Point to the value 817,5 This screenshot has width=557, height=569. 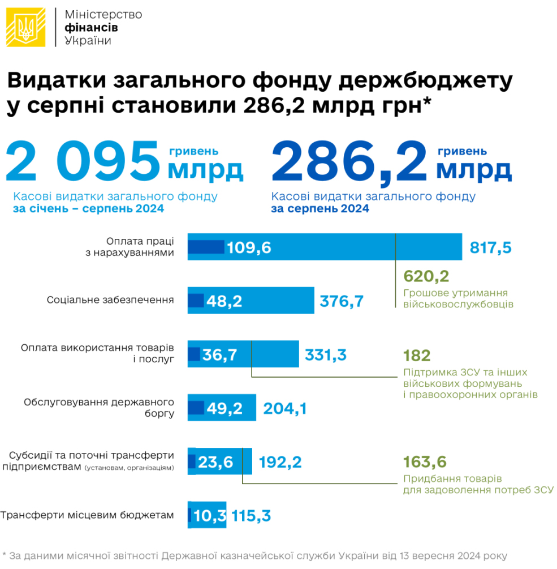pyautogui.click(x=491, y=247)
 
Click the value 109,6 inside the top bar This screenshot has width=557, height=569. pyautogui.click(x=249, y=247)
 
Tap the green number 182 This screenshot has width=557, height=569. pyautogui.click(x=417, y=356)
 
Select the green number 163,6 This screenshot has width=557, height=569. pyautogui.click(x=426, y=462)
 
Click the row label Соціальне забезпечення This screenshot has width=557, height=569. pyautogui.click(x=110, y=300)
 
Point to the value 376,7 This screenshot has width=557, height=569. pyautogui.click(x=341, y=301)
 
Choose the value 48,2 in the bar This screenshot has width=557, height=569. pyautogui.click(x=224, y=301)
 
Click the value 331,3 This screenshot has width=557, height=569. pyautogui.click(x=326, y=355)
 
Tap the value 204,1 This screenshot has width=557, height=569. pyautogui.click(x=284, y=408)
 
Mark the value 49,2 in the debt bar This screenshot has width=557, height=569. pyautogui.click(x=224, y=408)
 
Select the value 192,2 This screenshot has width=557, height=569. pyautogui.click(x=280, y=462)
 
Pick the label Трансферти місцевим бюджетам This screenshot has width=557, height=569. pyautogui.click(x=87, y=515)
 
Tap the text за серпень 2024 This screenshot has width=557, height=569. pyautogui.click(x=320, y=209)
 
